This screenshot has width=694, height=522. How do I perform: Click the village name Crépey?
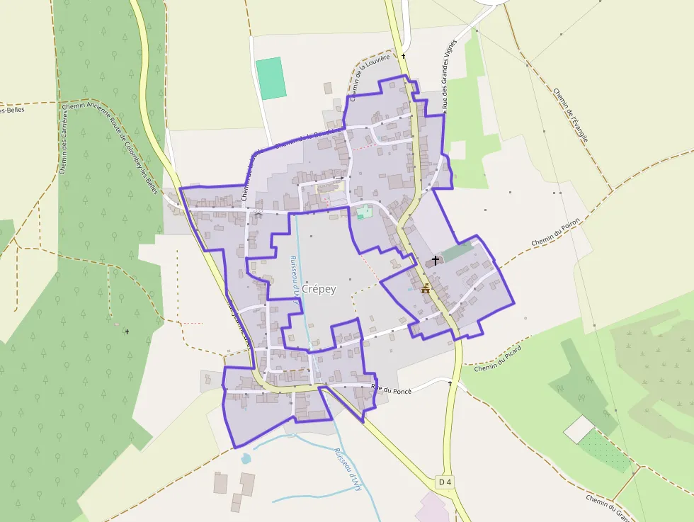point(319,289)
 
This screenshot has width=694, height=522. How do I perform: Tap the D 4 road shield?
point(445,482)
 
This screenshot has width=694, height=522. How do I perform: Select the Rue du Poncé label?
point(392,388)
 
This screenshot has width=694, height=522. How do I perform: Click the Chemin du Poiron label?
point(555,233)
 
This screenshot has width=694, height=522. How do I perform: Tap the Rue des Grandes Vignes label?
point(448,74)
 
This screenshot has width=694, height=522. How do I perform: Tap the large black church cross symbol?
point(435,261)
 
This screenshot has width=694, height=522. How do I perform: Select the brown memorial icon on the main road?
point(426,288)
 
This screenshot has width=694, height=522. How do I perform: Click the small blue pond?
point(246,458)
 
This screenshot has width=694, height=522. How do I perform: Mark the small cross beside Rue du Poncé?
point(450,383)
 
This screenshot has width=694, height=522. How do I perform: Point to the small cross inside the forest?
point(127,331)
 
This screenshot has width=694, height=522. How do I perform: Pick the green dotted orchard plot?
point(603,450)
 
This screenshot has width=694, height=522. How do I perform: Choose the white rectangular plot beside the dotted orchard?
point(580,428)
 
